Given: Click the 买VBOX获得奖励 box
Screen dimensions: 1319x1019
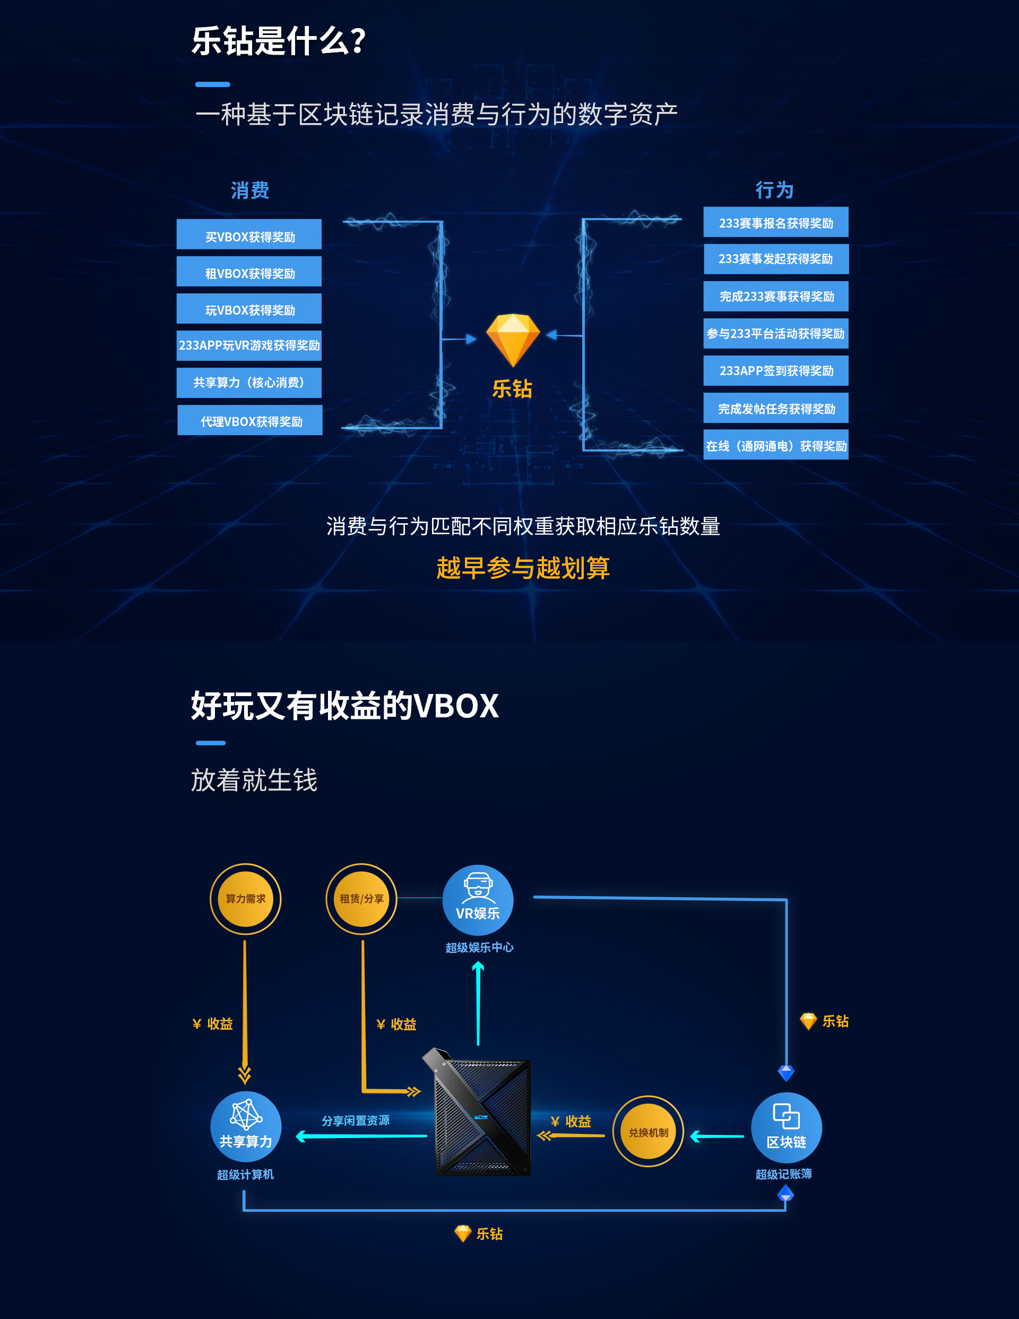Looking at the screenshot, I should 249,235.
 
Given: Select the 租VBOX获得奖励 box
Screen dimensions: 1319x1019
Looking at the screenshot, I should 249,272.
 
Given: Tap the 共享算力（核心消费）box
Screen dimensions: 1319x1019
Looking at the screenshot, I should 249,383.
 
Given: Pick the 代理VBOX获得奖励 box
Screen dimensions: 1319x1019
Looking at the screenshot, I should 250,420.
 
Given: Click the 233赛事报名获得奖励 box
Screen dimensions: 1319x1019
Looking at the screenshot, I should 775,222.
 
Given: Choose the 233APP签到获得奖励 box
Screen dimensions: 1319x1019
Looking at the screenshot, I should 775,371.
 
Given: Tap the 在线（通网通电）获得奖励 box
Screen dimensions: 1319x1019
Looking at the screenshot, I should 775,445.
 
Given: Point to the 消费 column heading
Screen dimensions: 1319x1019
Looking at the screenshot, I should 249,190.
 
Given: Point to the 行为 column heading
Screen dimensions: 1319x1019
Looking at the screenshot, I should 774,190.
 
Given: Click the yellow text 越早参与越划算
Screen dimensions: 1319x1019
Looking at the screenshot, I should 523,568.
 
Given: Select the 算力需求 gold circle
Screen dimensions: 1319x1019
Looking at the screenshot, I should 245,899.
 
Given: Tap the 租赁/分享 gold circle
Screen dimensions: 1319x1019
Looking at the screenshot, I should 361,899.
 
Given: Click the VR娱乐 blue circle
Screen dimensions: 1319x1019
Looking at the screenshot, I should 478,900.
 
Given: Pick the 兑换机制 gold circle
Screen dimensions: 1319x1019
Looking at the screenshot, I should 648,1132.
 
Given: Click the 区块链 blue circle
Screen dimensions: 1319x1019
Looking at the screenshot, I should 786,1128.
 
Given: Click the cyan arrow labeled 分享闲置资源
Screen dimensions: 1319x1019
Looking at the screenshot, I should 361,1136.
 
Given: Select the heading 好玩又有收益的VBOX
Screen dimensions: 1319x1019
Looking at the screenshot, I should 345,706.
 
